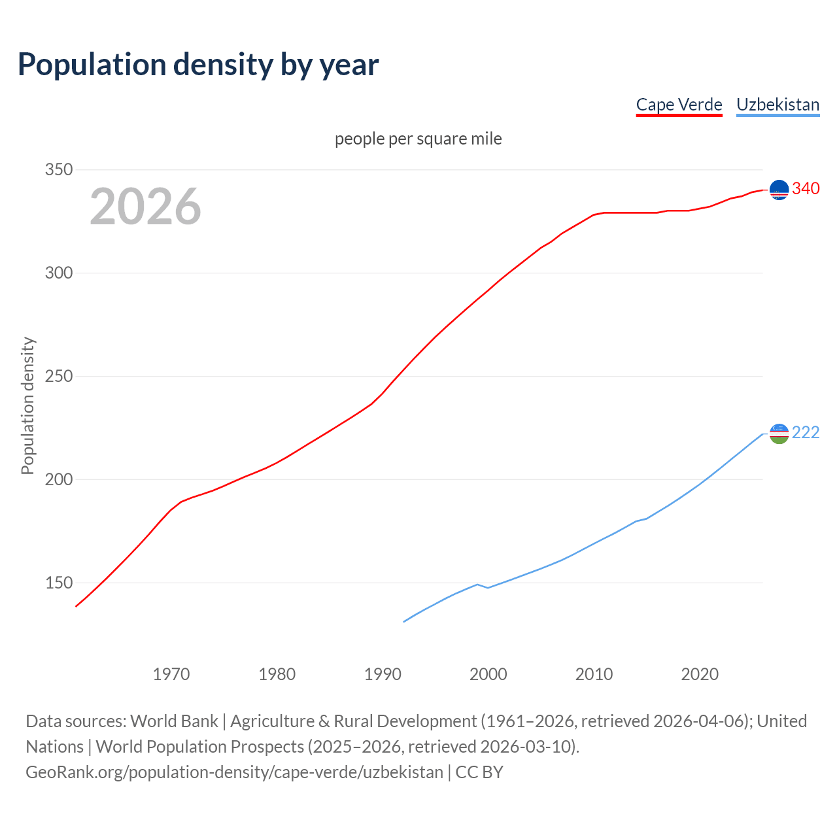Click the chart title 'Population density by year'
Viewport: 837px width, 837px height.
(198, 65)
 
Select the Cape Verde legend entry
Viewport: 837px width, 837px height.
(679, 105)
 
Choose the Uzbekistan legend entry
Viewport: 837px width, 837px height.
(777, 105)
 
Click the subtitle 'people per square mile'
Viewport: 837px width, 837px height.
(418, 139)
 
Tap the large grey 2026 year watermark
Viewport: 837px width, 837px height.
(145, 207)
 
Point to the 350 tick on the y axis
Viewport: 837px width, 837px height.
(58, 170)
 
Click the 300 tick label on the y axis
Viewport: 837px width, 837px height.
(58, 273)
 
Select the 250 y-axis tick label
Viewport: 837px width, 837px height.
(58, 377)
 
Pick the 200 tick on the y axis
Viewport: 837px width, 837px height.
(58, 480)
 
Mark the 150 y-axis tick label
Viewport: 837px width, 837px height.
(58, 583)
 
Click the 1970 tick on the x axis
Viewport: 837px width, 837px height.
(171, 674)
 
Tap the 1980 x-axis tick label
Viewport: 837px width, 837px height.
(277, 674)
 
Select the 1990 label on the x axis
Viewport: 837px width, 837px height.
(383, 674)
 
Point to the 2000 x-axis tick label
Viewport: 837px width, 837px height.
(488, 674)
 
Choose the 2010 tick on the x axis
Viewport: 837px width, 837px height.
(594, 674)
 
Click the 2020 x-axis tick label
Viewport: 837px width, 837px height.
(700, 674)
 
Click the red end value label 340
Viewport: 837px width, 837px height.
(806, 189)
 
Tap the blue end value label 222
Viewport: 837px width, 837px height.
(806, 433)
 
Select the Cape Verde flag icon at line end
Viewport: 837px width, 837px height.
(779, 190)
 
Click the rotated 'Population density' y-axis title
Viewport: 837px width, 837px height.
(27, 405)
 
